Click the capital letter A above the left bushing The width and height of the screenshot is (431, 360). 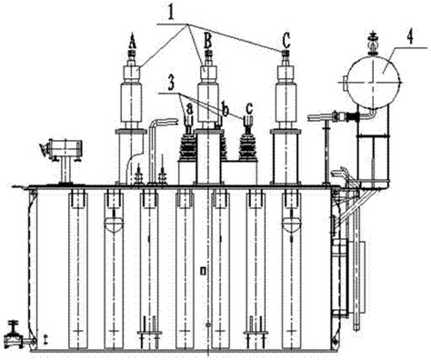click(x=133, y=42)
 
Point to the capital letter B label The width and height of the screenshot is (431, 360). click(x=208, y=41)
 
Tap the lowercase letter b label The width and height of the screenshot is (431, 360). click(x=224, y=109)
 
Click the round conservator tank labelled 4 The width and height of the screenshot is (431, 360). click(x=371, y=84)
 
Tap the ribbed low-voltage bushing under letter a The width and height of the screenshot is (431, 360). click(x=190, y=145)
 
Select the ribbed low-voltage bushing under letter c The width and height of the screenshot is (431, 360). click(x=246, y=146)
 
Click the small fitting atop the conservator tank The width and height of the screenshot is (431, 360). click(x=372, y=42)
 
